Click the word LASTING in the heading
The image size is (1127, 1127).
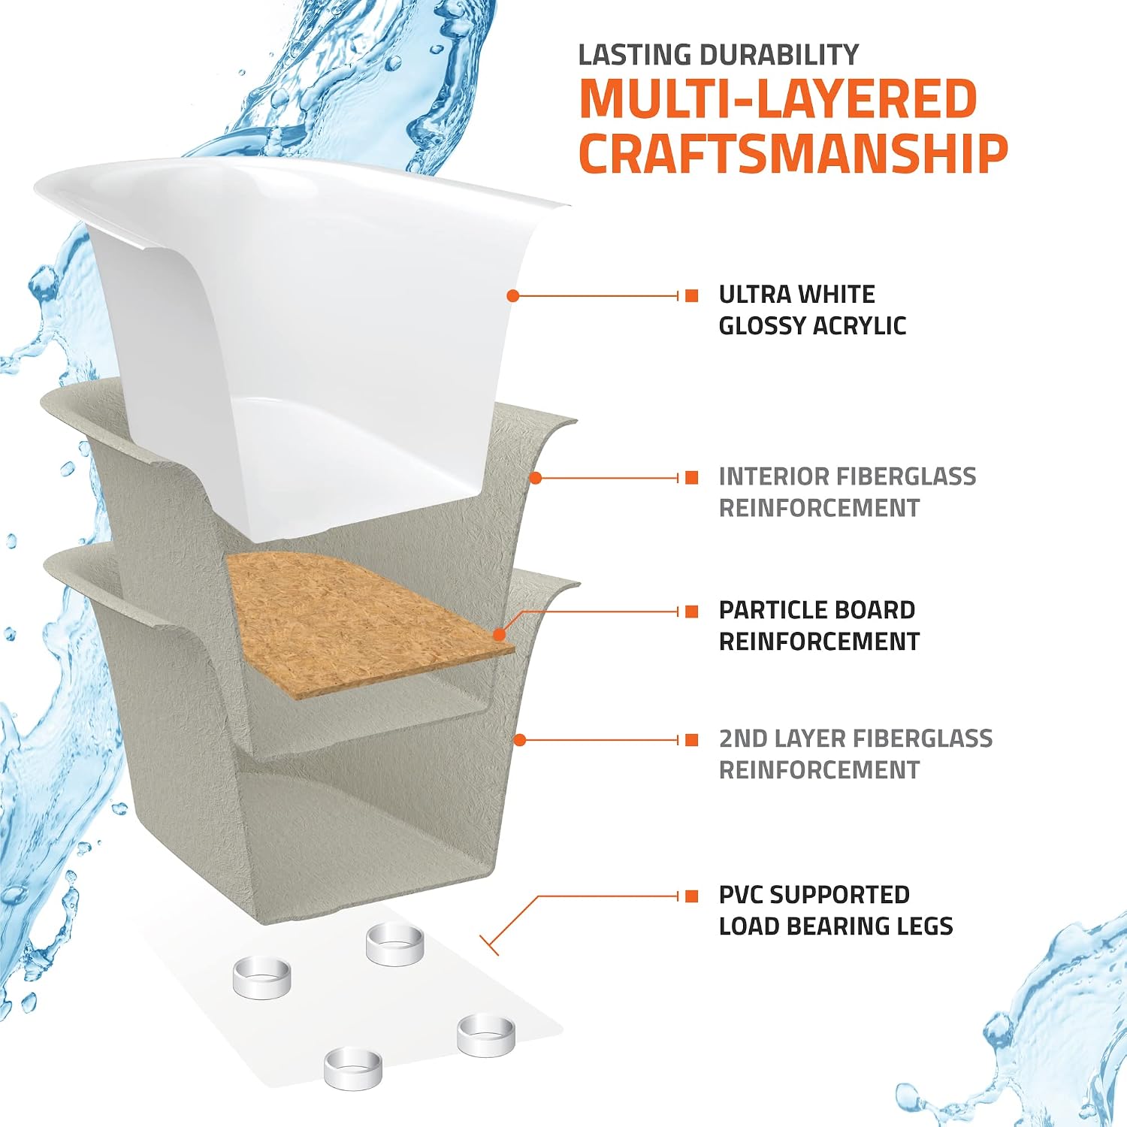coord(636,55)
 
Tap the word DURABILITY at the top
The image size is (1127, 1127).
coord(779,55)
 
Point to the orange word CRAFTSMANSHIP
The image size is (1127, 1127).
coord(793,153)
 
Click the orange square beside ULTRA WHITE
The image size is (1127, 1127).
coord(692,296)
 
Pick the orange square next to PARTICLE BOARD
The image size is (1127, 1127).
coord(692,612)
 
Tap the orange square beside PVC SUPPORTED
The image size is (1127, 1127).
coord(692,896)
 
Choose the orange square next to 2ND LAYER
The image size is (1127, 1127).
coord(692,740)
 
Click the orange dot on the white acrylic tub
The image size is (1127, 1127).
coord(513,296)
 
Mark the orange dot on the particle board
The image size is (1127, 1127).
coord(499,636)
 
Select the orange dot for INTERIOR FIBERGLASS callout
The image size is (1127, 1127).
coord(536,478)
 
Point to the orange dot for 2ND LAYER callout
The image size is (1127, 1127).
coord(519,740)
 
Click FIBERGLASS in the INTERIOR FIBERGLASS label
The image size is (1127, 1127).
coord(906,476)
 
